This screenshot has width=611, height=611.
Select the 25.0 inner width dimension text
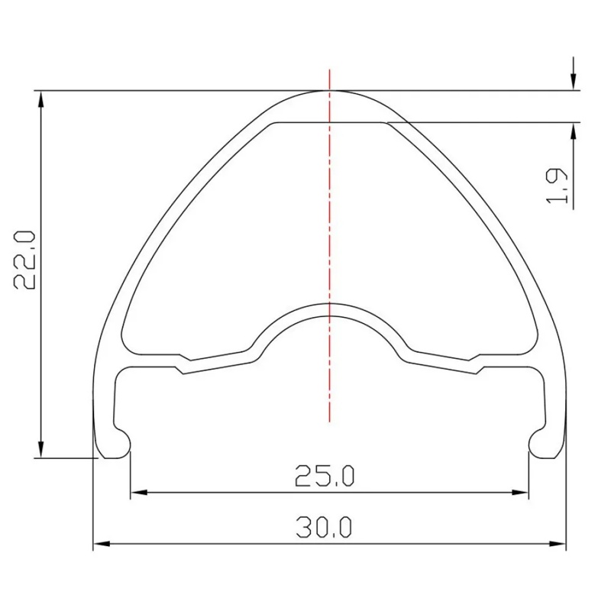tap(325, 476)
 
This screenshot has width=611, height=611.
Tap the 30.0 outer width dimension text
tap(324, 527)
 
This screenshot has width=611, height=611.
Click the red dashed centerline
tap(330, 245)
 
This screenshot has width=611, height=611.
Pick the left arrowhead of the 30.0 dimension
tap(102, 544)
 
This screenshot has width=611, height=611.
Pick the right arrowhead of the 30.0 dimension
tap(558, 544)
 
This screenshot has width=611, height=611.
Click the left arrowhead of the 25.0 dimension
tap(139, 493)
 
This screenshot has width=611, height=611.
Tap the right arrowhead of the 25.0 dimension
tap(520, 493)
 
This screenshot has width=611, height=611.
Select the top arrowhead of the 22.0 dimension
tap(41, 99)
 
